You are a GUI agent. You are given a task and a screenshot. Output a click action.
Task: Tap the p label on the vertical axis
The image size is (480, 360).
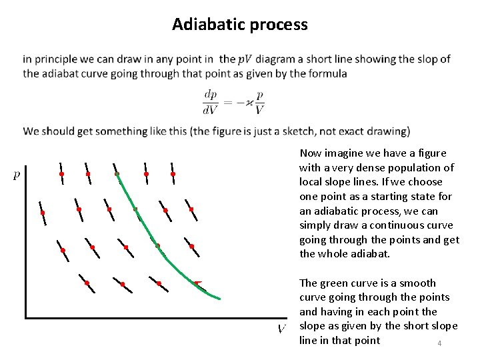17,176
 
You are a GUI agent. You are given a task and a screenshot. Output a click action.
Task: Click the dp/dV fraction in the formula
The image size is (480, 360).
210,101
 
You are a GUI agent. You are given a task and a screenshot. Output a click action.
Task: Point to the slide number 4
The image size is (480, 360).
439,343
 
